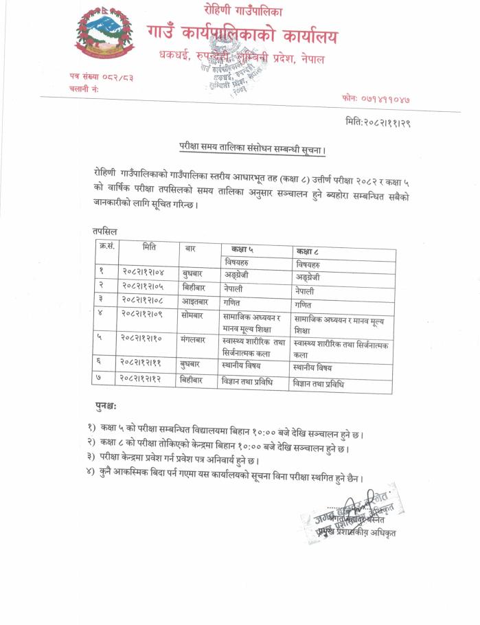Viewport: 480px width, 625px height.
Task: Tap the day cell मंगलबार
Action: pos(196,339)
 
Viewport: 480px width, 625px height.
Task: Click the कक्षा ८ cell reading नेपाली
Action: pos(305,291)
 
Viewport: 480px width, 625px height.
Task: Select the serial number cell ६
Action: pos(101,363)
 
